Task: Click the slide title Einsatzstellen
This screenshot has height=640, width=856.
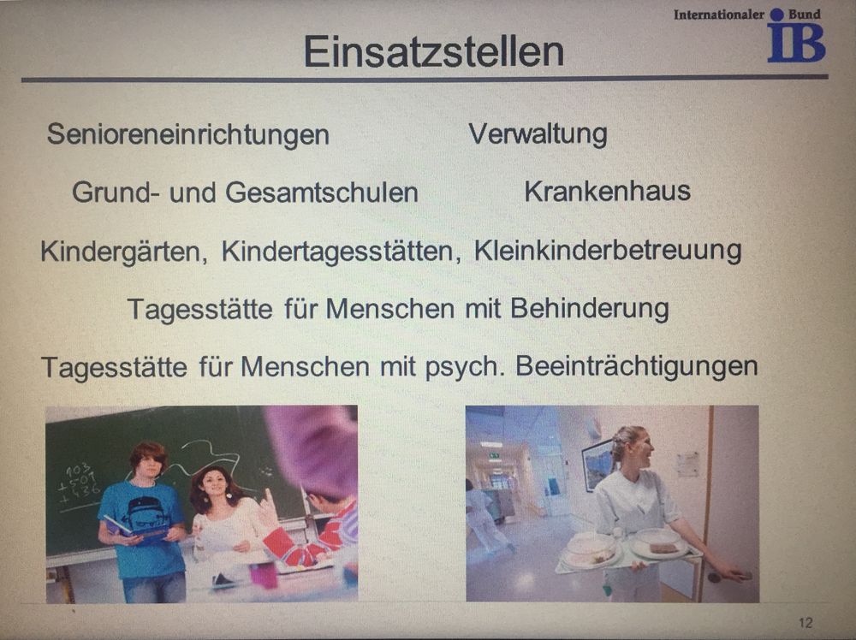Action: (433, 52)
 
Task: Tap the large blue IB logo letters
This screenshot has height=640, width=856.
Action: (796, 42)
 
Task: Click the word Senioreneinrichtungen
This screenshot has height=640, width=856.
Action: (187, 134)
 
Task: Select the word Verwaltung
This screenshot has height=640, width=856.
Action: (538, 133)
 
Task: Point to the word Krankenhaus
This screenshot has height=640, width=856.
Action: (608, 192)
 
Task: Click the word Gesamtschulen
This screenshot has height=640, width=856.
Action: (322, 192)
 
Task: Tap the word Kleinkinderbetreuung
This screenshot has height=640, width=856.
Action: (608, 251)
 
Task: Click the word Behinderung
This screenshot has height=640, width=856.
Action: (590, 309)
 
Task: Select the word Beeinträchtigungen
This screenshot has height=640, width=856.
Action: (637, 367)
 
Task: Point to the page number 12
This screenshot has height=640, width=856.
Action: (805, 623)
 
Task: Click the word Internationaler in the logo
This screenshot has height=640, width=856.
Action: (719, 15)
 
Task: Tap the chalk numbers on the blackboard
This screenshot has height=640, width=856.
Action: (80, 483)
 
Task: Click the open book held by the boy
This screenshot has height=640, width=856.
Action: (135, 530)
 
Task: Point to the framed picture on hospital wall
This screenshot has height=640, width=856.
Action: (597, 465)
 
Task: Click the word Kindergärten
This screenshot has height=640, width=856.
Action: (124, 252)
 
